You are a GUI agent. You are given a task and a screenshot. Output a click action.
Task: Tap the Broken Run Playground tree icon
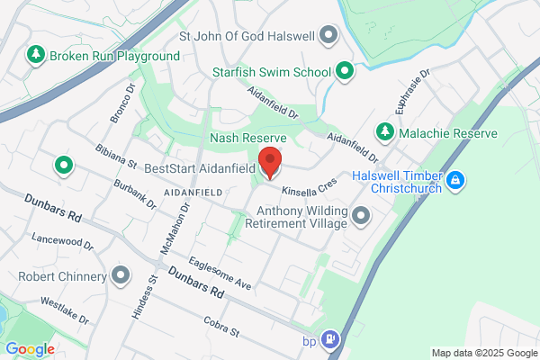click(x=36, y=56)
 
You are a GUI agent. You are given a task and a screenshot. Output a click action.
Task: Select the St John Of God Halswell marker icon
click(x=328, y=36)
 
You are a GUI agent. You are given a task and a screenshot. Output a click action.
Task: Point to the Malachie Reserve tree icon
click(x=385, y=132)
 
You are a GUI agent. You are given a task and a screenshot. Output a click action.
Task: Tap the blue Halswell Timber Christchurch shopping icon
click(x=456, y=181)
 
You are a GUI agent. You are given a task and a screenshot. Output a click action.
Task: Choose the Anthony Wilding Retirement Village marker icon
click(x=362, y=215)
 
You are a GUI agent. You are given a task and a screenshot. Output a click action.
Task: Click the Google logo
click(x=30, y=349)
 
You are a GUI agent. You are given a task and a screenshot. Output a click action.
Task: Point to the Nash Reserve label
click(x=247, y=138)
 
